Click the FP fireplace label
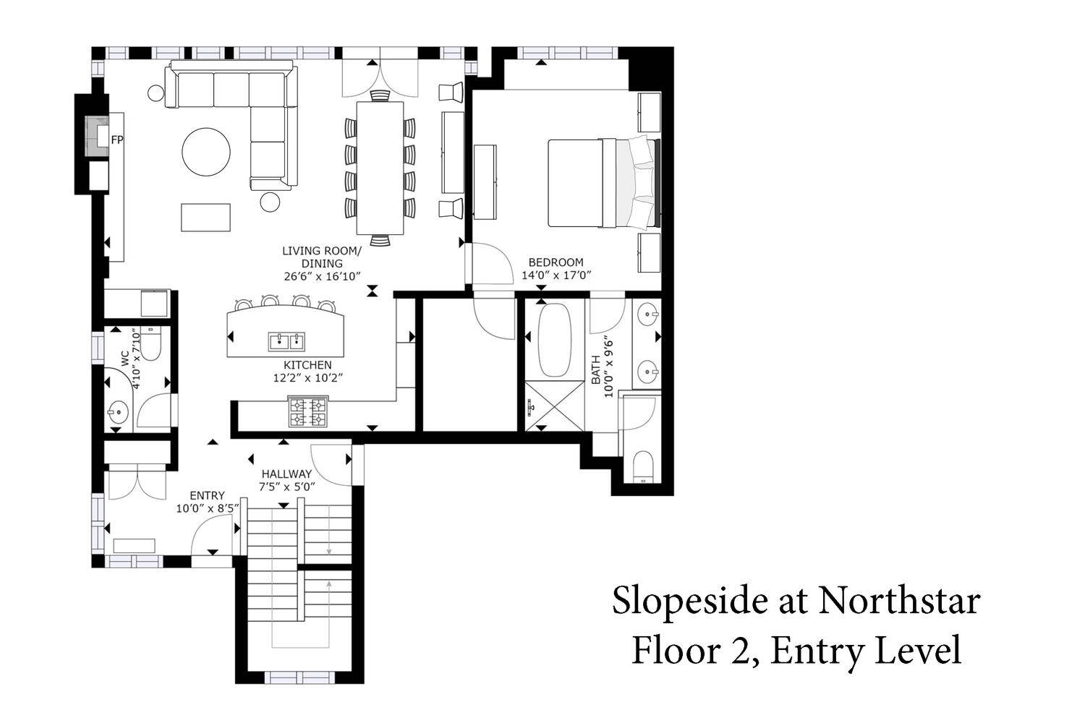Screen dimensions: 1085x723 click(117, 140)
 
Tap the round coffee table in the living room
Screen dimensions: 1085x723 click(206, 152)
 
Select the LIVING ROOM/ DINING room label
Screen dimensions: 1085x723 click(322, 257)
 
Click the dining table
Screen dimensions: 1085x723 click(380, 168)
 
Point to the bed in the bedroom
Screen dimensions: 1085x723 click(604, 183)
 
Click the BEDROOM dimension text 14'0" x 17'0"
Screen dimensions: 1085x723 click(556, 275)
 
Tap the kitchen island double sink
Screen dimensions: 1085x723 click(286, 341)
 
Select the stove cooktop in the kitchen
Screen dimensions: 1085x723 click(308, 411)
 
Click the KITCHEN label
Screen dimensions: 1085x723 click(307, 364)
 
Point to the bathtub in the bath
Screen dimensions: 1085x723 click(555, 340)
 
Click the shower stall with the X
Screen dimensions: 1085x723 click(555, 406)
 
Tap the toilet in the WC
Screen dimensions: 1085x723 click(151, 344)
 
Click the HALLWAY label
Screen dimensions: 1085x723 click(286, 474)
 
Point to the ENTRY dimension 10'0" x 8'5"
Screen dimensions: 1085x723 click(208, 508)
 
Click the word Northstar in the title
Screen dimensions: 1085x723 click(900, 601)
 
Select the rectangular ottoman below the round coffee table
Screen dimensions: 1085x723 click(206, 218)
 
